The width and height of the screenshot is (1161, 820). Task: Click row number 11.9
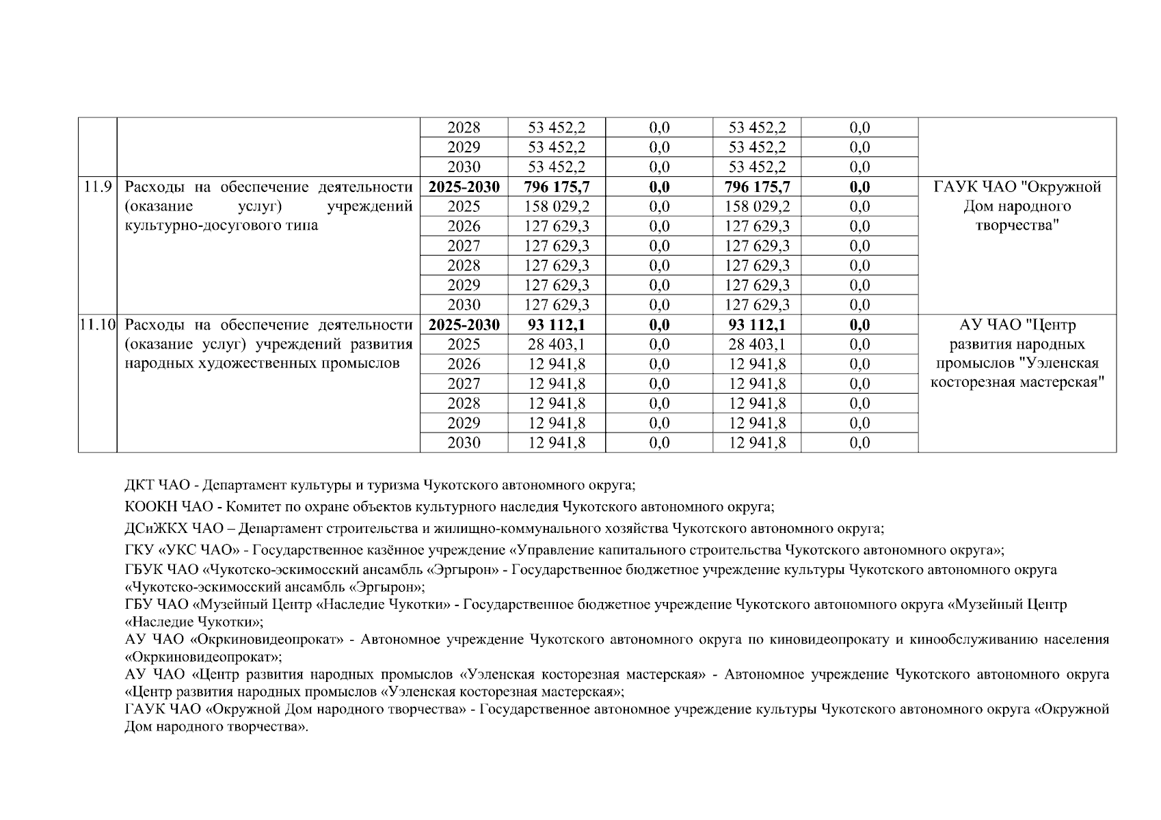pos(97,187)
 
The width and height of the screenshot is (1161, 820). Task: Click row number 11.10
pos(97,325)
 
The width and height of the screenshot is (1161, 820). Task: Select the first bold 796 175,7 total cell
pos(557,187)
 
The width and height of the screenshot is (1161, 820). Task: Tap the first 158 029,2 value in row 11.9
pos(557,206)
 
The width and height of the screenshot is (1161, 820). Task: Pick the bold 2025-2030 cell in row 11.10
pos(464,325)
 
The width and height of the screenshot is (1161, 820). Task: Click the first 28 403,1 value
pos(557,344)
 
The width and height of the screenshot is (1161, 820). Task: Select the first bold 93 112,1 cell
pos(557,325)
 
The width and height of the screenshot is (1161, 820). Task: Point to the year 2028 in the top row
pos(464,128)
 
